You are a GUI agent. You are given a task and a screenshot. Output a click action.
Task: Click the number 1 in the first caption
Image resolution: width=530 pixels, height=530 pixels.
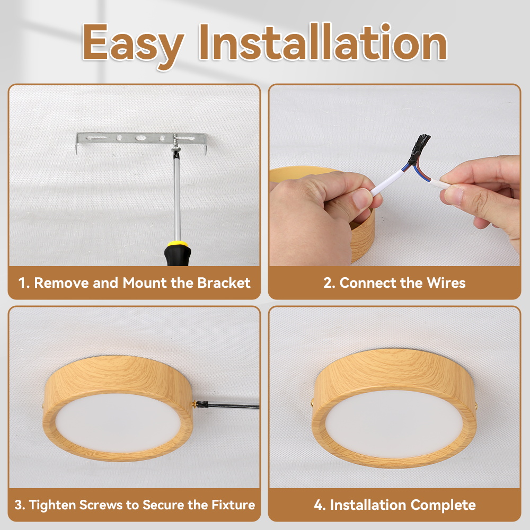click(22, 283)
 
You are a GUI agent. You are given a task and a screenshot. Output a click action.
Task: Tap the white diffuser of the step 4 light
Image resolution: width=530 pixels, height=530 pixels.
click(392, 421)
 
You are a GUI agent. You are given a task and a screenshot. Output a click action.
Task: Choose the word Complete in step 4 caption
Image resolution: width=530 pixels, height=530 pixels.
click(444, 505)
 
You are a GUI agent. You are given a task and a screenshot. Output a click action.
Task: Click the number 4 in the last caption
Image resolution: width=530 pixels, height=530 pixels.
click(318, 505)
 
